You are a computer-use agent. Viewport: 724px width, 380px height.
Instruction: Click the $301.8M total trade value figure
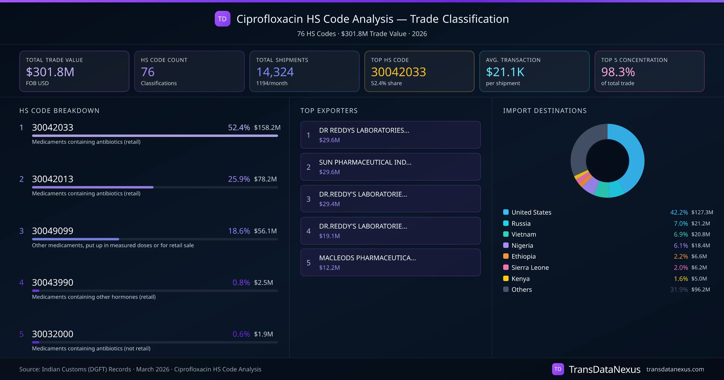[50, 72]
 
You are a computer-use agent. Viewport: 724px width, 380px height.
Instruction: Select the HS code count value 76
[148, 72]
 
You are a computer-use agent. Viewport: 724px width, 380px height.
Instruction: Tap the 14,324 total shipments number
[275, 72]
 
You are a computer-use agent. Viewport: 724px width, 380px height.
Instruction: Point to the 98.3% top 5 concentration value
[618, 72]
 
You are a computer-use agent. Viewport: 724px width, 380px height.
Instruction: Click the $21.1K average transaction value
[505, 72]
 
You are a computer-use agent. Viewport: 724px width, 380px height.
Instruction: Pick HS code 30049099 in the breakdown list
[52, 231]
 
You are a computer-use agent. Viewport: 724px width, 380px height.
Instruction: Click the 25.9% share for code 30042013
[239, 179]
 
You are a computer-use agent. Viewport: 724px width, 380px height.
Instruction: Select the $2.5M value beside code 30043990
[263, 283]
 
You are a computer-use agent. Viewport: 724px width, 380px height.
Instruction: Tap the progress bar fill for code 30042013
[93, 187]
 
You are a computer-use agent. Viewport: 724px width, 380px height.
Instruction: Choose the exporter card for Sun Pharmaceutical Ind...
[390, 167]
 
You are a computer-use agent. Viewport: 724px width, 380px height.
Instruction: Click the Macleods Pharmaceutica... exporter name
[367, 258]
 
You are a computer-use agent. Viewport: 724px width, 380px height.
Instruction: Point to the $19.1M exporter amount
[329, 236]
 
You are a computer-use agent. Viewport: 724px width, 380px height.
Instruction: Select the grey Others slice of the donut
[582, 148]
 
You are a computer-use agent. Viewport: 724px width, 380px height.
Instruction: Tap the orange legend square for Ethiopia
[506, 256]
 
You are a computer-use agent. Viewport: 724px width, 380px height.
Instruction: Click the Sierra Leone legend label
[530, 268]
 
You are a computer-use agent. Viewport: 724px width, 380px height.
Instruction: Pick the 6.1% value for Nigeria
[681, 245]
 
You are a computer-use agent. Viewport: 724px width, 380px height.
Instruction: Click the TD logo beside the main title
[222, 19]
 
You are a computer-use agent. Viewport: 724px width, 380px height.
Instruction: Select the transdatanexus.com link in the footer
[675, 369]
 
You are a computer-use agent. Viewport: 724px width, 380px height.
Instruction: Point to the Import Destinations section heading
[545, 111]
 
